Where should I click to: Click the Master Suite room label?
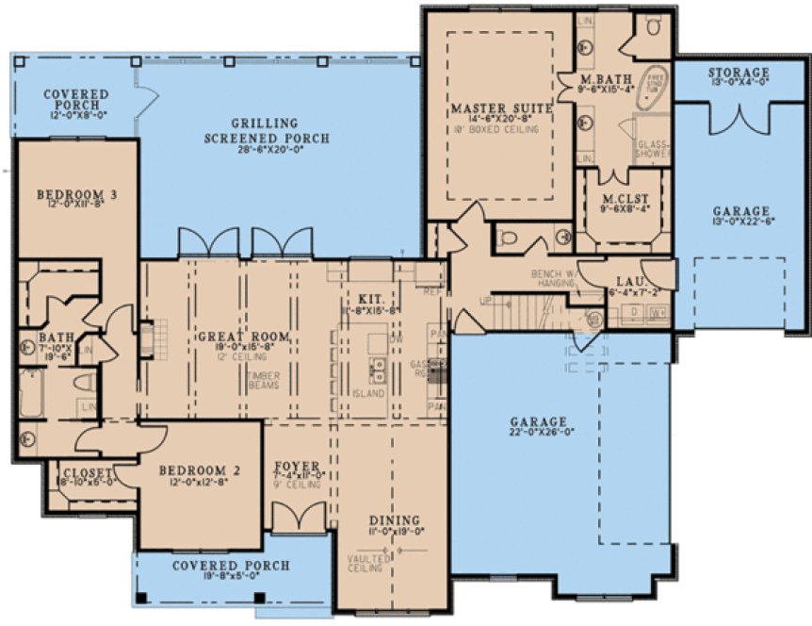point(500,109)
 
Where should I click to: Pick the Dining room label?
point(388,519)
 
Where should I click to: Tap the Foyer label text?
point(298,466)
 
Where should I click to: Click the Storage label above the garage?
point(739,73)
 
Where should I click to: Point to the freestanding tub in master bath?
point(652,86)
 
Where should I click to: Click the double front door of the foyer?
point(298,517)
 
